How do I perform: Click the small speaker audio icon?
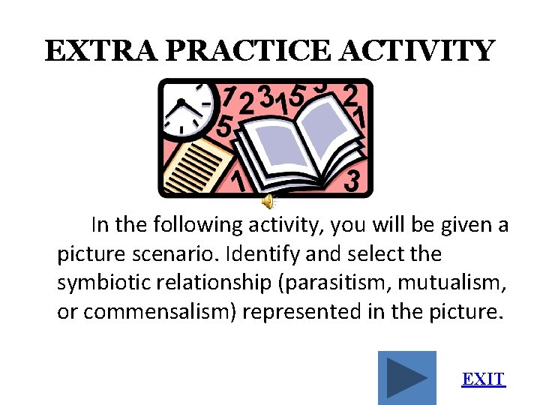[268, 200]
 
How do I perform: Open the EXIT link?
[484, 379]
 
